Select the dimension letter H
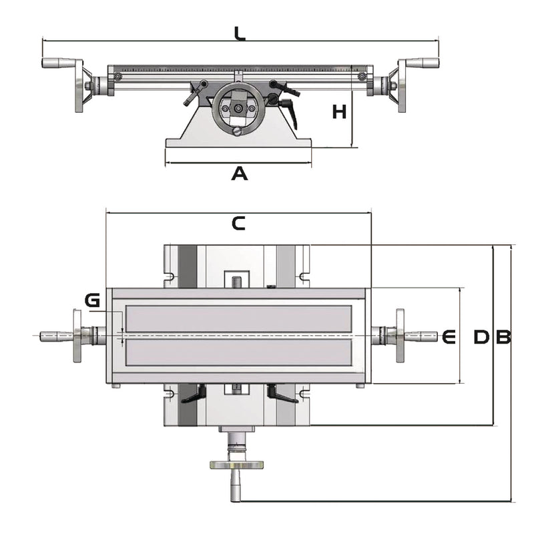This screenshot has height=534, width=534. (x=340, y=112)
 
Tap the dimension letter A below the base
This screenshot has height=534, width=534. (x=239, y=174)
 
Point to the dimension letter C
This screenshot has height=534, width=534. (x=238, y=224)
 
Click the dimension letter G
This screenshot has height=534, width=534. (x=93, y=300)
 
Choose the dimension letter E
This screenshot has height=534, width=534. (x=449, y=337)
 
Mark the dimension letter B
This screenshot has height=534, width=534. (x=503, y=338)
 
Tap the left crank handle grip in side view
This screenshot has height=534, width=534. (x=59, y=63)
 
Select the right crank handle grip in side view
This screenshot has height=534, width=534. (x=423, y=63)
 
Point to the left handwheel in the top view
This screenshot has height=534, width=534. (x=77, y=336)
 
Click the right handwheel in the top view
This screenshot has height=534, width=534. (x=400, y=336)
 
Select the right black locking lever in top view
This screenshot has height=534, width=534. (x=282, y=395)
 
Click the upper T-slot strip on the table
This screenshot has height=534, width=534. (x=238, y=318)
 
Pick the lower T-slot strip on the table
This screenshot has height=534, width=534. (x=238, y=352)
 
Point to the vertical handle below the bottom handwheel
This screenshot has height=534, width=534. (x=236, y=487)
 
